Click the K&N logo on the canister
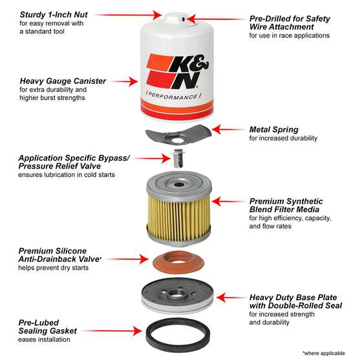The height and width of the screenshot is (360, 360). point(179,69)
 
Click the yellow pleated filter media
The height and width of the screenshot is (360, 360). point(179,213)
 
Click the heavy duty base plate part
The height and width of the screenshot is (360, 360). point(179,296)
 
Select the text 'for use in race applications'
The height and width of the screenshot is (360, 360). point(298,35)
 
